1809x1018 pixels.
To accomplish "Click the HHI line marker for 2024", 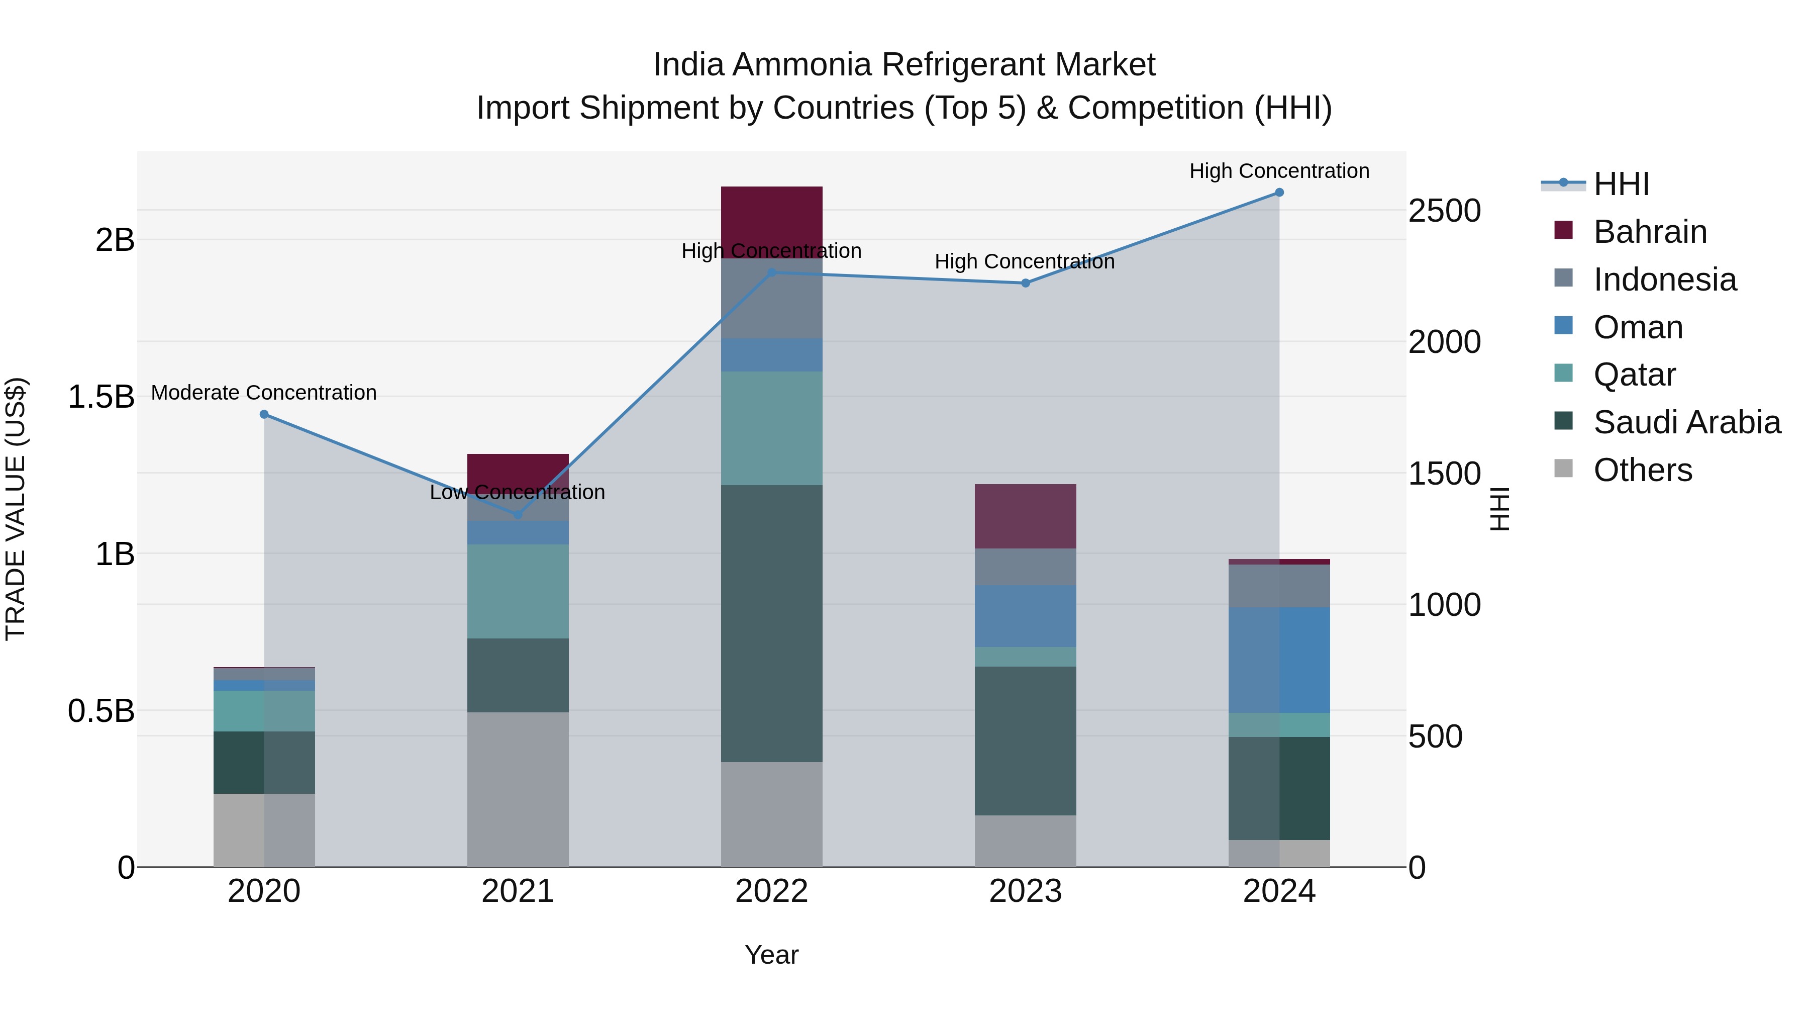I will click(x=1279, y=193).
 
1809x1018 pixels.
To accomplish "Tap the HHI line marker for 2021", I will click(x=518, y=514).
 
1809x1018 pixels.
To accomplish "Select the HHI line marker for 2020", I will click(x=264, y=415).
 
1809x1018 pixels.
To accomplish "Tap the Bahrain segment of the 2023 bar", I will click(x=1025, y=516).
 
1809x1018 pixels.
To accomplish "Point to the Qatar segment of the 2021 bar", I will click(x=518, y=591).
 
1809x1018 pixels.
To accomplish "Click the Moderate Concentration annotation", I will click(x=264, y=393).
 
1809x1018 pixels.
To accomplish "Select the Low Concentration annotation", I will click(x=518, y=493).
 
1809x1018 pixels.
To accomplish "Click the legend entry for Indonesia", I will click(x=1664, y=280).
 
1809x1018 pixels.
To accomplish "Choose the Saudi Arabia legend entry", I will click(x=1686, y=422).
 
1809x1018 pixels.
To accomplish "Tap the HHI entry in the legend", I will click(x=1621, y=184).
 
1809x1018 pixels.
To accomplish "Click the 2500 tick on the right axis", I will click(x=1445, y=211).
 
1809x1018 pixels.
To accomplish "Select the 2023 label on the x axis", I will click(x=1025, y=891).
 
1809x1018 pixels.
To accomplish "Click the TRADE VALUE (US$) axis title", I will click(x=16, y=509).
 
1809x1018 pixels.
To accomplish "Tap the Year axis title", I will click(x=771, y=955).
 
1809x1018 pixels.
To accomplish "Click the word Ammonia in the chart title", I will click(x=802, y=65).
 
